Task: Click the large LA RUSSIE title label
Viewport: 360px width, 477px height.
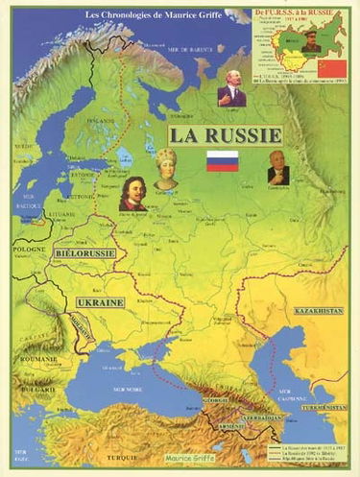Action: coord(226,135)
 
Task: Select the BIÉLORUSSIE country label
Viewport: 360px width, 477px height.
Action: coord(86,252)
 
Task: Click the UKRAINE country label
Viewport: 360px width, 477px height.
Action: coord(100,302)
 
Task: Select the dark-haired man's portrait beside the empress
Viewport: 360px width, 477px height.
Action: coord(132,192)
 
